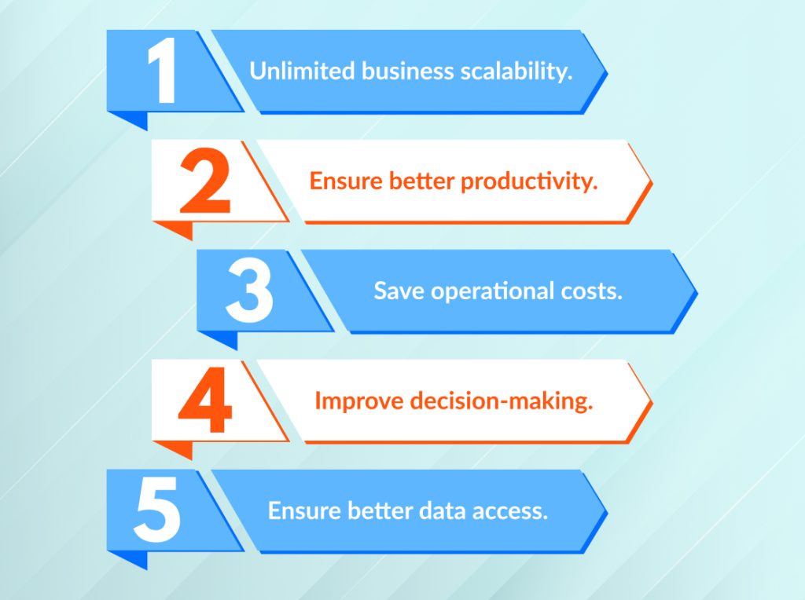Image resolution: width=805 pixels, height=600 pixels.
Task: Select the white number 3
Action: coord(249,291)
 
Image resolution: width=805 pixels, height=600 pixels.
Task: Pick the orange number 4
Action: coord(205,401)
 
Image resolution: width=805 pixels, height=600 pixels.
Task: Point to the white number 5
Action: coord(158,511)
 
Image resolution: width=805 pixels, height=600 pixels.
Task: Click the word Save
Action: coord(399,291)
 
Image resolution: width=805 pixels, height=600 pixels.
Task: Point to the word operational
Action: coord(494,291)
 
